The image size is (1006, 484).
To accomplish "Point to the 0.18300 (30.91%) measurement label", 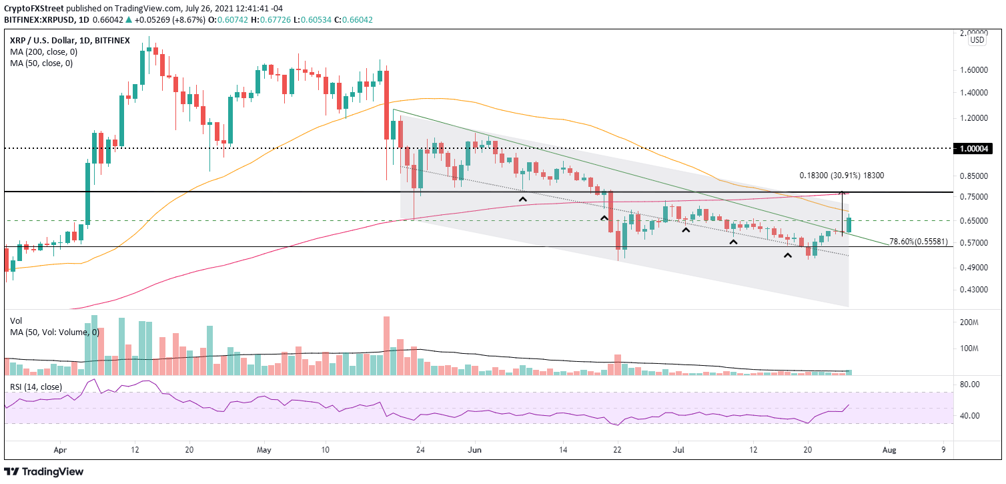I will pos(842,176).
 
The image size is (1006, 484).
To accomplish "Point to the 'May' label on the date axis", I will pos(264,450).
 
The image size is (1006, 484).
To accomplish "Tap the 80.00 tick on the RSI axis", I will pos(969,385).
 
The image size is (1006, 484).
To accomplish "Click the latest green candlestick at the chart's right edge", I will pos(849,224).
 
